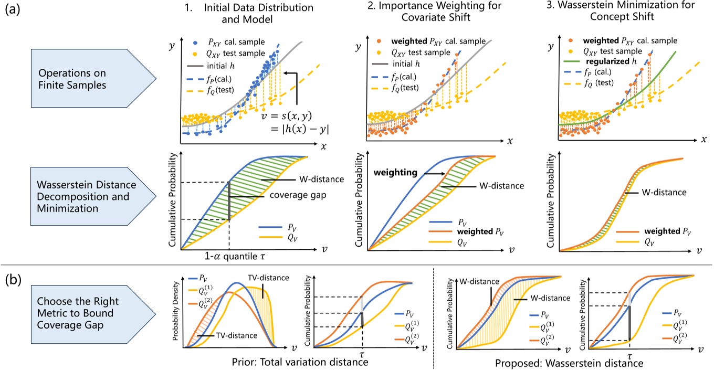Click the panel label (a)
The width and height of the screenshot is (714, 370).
coord(13,12)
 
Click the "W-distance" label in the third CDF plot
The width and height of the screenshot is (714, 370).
coord(665,192)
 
